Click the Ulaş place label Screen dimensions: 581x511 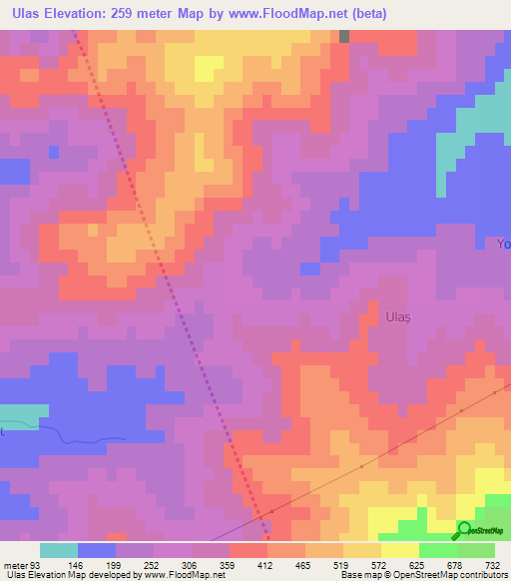pyautogui.click(x=397, y=316)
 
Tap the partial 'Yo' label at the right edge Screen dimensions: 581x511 pyautogui.click(x=503, y=244)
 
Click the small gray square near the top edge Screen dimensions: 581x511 pyautogui.click(x=345, y=36)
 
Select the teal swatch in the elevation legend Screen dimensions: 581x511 pyautogui.click(x=59, y=550)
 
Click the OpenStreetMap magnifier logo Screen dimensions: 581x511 pyautogui.click(x=465, y=530)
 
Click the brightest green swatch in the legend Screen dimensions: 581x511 pyautogui.click(x=438, y=550)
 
